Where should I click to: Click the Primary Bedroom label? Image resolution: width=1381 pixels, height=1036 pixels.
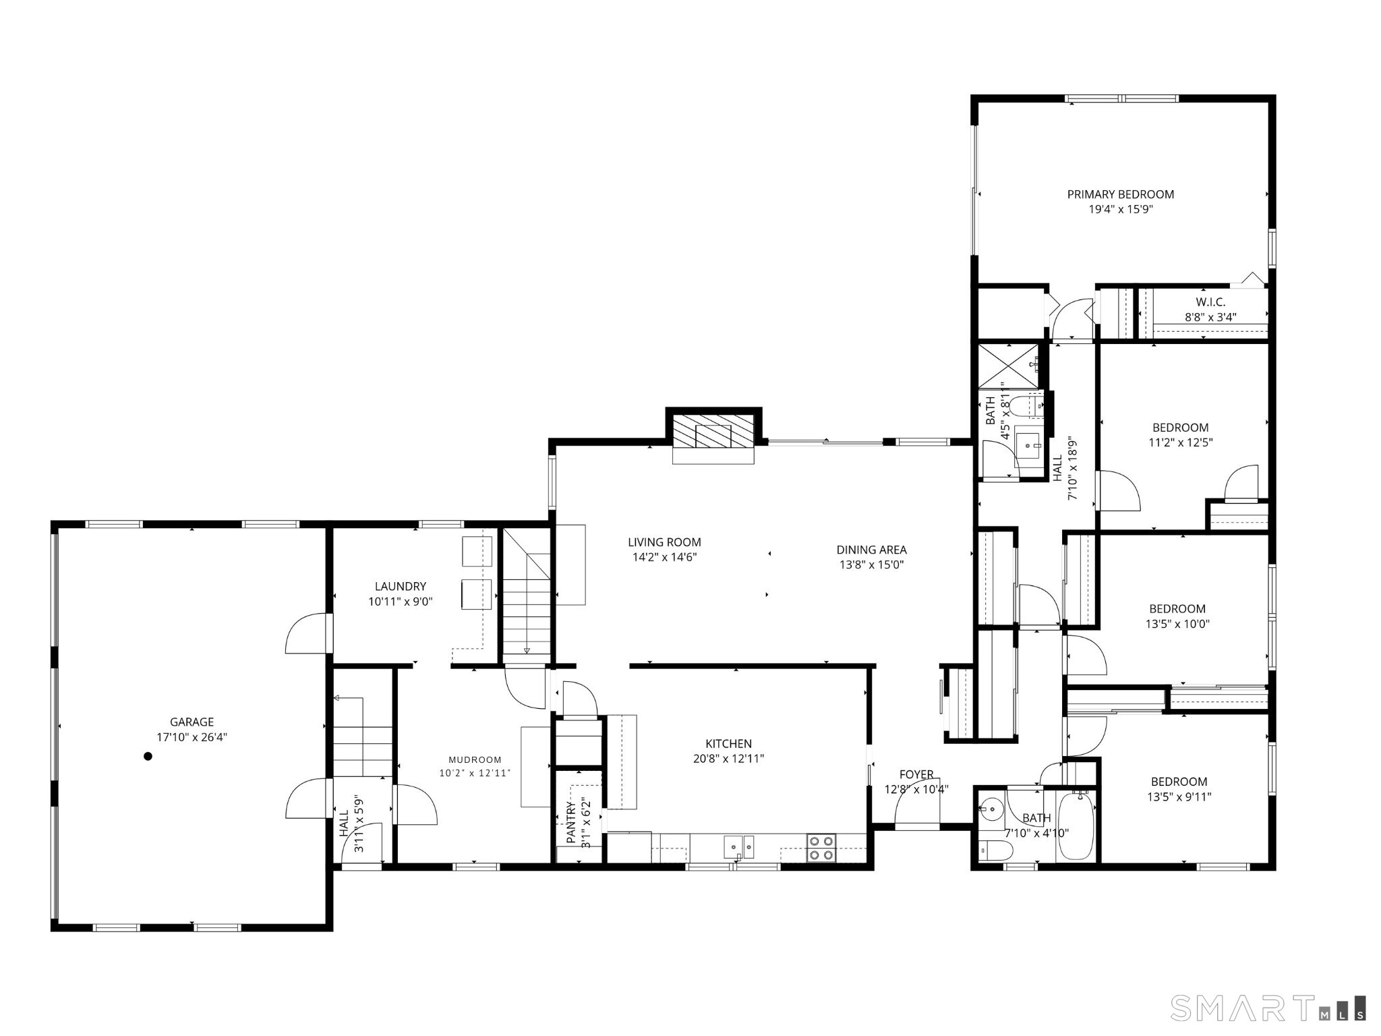pyautogui.click(x=1120, y=194)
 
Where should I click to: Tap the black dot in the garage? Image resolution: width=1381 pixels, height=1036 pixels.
pyautogui.click(x=148, y=756)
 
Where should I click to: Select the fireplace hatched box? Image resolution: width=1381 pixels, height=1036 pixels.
pyautogui.click(x=713, y=430)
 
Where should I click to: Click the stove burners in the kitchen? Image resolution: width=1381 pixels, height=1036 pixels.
pyautogui.click(x=821, y=848)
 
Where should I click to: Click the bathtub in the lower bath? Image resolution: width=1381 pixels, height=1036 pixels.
pyautogui.click(x=1076, y=827)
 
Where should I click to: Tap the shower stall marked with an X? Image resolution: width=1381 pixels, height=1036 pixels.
pyautogui.click(x=1008, y=365)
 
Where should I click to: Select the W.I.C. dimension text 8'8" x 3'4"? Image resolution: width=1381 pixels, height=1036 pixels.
pyautogui.click(x=1210, y=317)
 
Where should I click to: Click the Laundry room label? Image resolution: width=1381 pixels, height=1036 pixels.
pyautogui.click(x=401, y=586)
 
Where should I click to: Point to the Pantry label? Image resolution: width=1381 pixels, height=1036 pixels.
pyautogui.click(x=572, y=822)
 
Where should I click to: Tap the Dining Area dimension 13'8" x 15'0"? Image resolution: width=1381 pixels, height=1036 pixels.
pyautogui.click(x=871, y=565)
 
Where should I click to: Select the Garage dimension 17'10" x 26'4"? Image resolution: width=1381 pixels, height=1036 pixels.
pyautogui.click(x=192, y=737)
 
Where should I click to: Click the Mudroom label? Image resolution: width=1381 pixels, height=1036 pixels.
pyautogui.click(x=475, y=759)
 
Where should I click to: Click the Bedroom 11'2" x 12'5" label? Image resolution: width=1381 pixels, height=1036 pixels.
pyautogui.click(x=1180, y=428)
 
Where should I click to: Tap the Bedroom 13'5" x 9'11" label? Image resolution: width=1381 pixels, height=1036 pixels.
pyautogui.click(x=1179, y=782)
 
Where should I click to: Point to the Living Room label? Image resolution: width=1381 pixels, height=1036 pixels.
pyautogui.click(x=664, y=542)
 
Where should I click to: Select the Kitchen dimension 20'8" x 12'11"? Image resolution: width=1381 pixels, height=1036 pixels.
pyautogui.click(x=728, y=758)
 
